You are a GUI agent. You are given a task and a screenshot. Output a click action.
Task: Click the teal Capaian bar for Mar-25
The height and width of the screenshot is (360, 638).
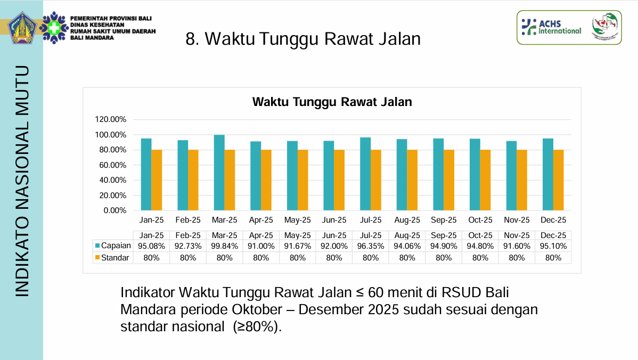[219, 173]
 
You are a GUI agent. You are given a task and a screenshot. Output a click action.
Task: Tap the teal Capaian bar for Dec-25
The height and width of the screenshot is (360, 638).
[547, 174]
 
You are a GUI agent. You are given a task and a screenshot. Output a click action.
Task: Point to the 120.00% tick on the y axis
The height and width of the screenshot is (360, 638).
[111, 119]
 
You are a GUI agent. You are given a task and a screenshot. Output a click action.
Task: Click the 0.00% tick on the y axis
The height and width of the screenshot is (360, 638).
[114, 210]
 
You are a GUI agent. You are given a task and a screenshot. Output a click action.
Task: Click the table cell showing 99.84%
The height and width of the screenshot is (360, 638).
[225, 246]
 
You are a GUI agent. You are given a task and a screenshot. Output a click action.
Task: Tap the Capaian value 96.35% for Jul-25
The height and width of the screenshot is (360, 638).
[371, 246]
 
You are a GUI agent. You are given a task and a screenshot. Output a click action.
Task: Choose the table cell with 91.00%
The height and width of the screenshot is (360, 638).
[261, 246]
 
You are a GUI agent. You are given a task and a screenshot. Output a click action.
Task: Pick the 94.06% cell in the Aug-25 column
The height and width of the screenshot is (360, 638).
[407, 246]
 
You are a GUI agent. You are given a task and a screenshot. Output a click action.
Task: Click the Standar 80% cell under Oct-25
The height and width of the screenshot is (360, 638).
[480, 258]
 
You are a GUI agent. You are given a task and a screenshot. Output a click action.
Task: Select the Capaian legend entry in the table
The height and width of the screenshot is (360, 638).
[112, 246]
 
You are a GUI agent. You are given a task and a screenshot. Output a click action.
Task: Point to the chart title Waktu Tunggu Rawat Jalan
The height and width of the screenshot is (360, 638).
[332, 102]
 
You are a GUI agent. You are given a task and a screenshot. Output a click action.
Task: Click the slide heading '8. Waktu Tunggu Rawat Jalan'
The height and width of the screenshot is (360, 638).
[303, 39]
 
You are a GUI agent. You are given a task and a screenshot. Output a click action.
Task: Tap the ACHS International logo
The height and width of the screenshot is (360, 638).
[551, 27]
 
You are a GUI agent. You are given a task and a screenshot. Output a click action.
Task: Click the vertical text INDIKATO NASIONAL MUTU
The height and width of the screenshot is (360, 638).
[22, 181]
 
